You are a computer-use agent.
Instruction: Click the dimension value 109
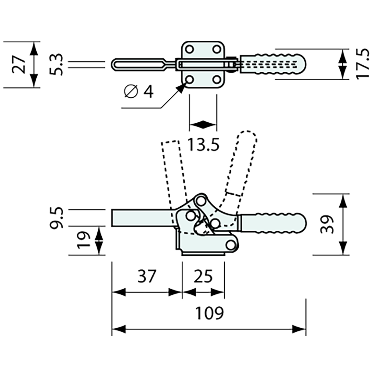tap(209, 313)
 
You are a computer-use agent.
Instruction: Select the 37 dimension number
tap(147, 276)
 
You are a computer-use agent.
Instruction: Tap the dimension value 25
tap(203, 276)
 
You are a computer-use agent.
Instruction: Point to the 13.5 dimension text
tap(203, 145)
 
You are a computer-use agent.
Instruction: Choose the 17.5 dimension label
tap(363, 64)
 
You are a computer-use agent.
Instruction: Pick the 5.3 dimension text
tap(56, 64)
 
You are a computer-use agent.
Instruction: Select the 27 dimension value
tap(19, 64)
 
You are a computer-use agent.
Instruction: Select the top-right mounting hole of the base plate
tap(216, 49)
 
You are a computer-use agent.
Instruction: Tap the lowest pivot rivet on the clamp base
tap(231, 245)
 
